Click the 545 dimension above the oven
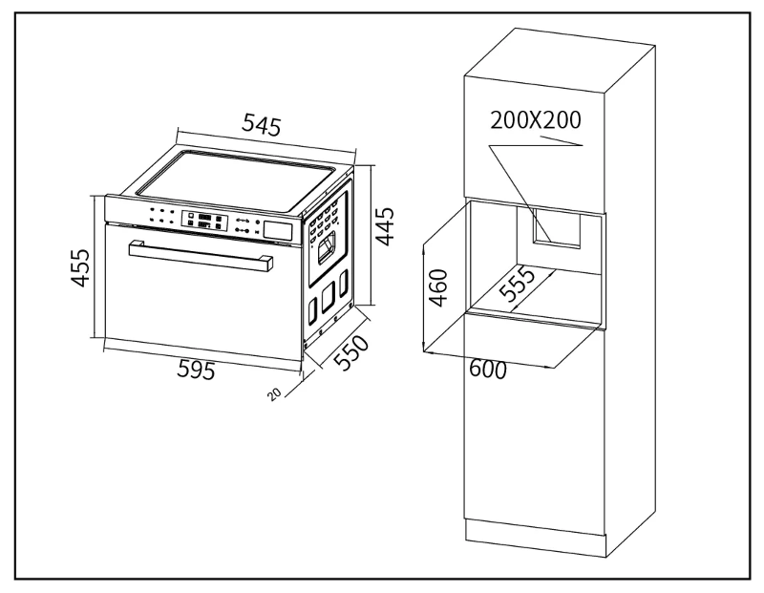pyautogui.click(x=261, y=125)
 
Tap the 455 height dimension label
pyautogui.click(x=80, y=267)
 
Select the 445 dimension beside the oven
pyautogui.click(x=385, y=226)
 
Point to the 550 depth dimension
pyautogui.click(x=351, y=352)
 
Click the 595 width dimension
pyautogui.click(x=196, y=369)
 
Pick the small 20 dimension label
pyautogui.click(x=274, y=393)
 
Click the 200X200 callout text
pyautogui.click(x=536, y=120)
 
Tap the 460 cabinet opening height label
pyautogui.click(x=438, y=287)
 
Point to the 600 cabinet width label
pyautogui.click(x=488, y=370)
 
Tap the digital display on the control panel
pyautogui.click(x=204, y=221)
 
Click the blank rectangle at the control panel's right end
pyautogui.click(x=278, y=229)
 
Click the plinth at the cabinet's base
pyautogui.click(x=535, y=539)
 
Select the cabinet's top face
pyautogui.click(x=560, y=60)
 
